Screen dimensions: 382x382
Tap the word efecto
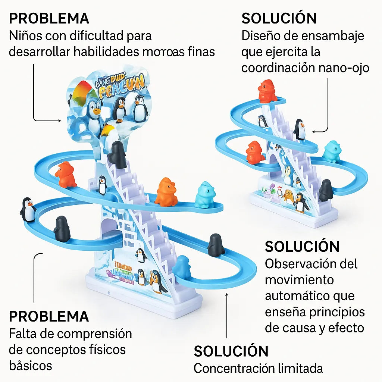346,328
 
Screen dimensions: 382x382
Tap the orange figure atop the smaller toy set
267,91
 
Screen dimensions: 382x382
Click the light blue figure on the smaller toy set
332,152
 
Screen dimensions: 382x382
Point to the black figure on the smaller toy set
326,190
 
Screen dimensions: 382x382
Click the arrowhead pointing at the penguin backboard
60,120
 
